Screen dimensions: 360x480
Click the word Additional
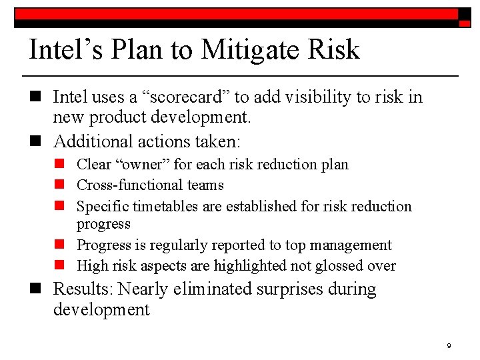[x=93, y=141]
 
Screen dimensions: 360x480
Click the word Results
[x=83, y=289]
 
